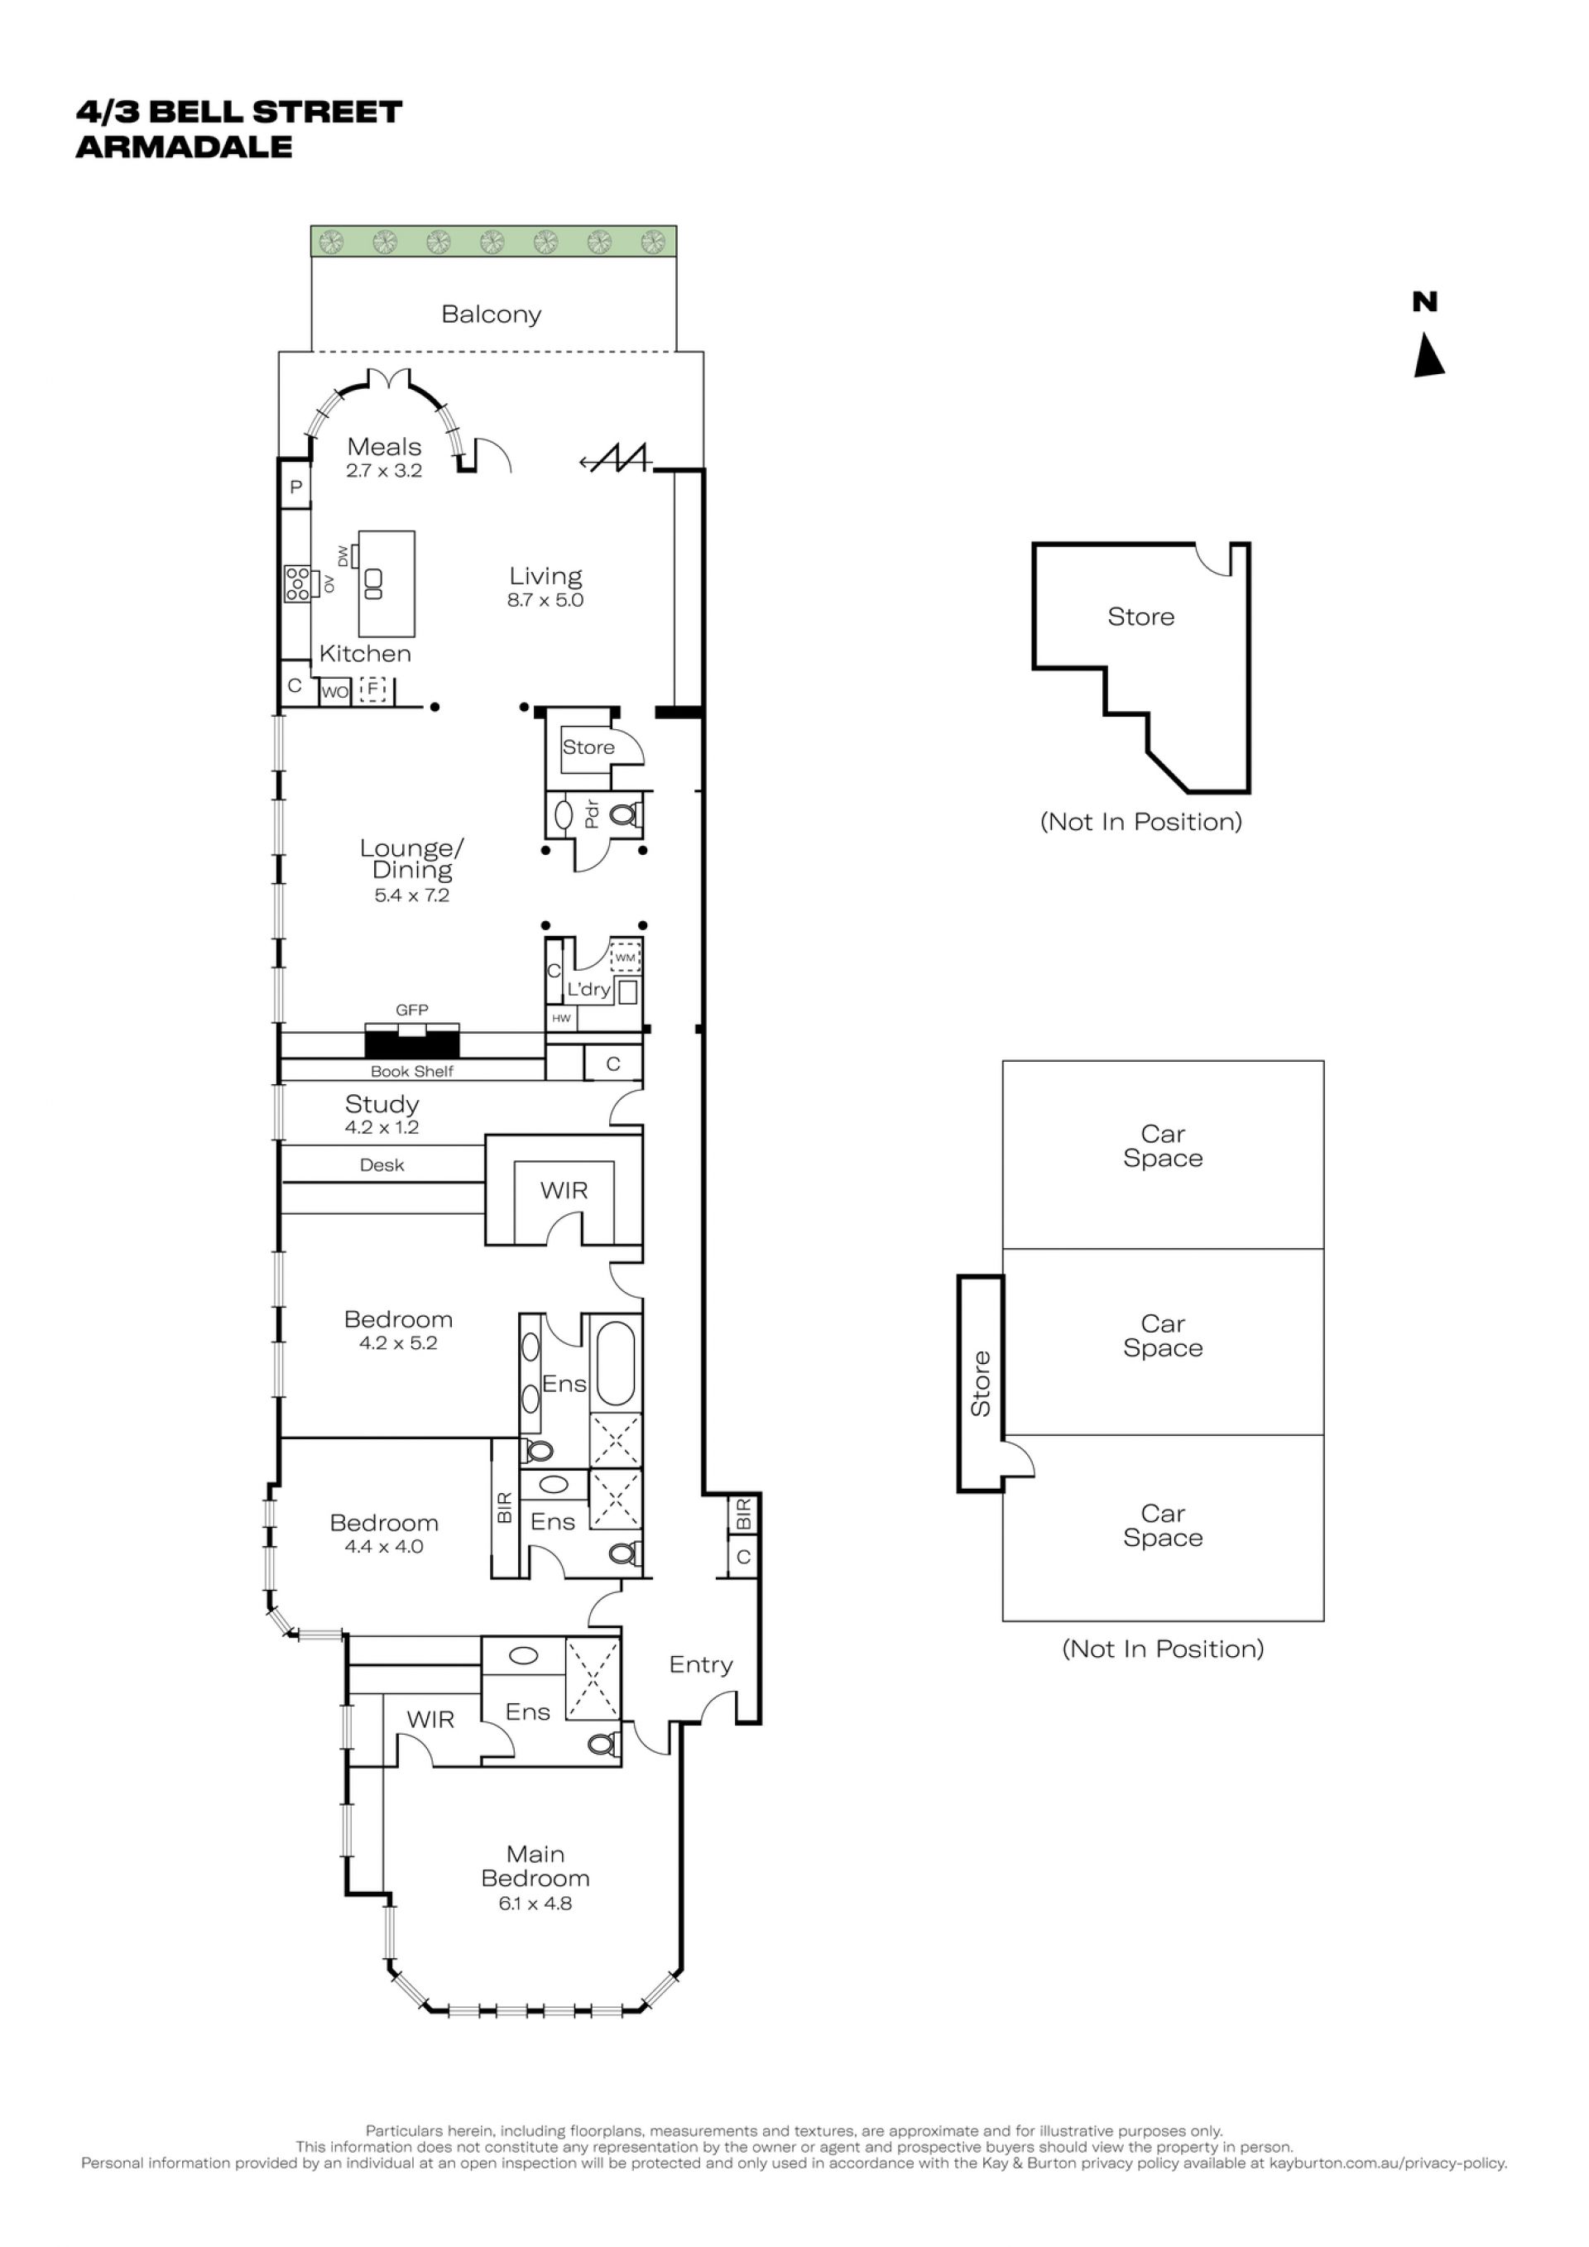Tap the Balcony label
click(491, 314)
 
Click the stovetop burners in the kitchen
click(296, 583)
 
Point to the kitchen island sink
click(372, 583)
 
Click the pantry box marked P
click(295, 487)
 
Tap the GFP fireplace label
click(412, 1009)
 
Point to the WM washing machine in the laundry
click(624, 957)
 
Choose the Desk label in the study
click(382, 1164)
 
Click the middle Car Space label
click(1163, 1336)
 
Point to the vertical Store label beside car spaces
click(981, 1383)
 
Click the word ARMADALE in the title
click(184, 146)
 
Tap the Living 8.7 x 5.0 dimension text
click(545, 600)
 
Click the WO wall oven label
click(334, 692)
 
